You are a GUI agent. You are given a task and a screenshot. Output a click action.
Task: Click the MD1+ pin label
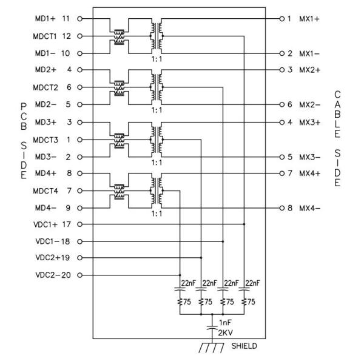(x=44, y=19)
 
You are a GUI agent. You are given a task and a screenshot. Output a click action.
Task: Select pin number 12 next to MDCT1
(x=67, y=36)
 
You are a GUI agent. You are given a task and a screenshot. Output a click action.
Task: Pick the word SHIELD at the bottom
(x=243, y=346)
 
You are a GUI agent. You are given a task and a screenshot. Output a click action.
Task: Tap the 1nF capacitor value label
(x=223, y=323)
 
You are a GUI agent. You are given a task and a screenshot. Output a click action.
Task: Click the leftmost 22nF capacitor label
(x=188, y=283)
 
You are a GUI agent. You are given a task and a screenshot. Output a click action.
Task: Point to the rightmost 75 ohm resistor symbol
(x=244, y=300)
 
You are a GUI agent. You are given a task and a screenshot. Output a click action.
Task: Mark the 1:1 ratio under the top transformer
(x=157, y=59)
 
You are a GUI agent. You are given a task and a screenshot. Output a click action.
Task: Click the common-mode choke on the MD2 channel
(x=120, y=87)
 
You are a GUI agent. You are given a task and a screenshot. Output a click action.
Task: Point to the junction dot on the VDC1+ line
(x=244, y=224)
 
